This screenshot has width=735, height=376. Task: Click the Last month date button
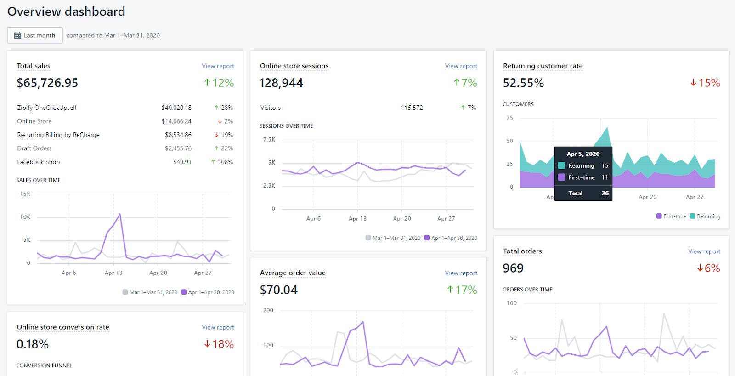pyautogui.click(x=35, y=35)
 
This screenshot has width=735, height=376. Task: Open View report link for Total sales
pyautogui.click(x=218, y=66)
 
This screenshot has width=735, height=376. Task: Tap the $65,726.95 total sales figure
pyautogui.click(x=48, y=83)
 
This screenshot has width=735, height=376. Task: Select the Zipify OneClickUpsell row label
pyautogui.click(x=46, y=108)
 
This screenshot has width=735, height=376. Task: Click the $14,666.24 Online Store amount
pyautogui.click(x=176, y=121)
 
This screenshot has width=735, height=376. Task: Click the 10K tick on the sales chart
pyautogui.click(x=25, y=217)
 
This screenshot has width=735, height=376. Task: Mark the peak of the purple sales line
pyautogui.click(x=120, y=214)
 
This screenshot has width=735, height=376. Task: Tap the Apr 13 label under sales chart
pyautogui.click(x=113, y=273)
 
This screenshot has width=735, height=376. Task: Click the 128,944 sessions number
pyautogui.click(x=282, y=83)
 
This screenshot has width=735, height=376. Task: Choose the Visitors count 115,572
pyautogui.click(x=412, y=108)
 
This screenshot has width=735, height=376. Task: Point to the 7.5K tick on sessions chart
pyautogui.click(x=269, y=140)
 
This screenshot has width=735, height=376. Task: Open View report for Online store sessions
pyautogui.click(x=461, y=66)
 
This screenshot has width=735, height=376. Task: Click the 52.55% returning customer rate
pyautogui.click(x=523, y=83)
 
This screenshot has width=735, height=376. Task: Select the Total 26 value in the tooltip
pyautogui.click(x=605, y=193)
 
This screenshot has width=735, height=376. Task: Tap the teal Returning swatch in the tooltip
pyautogui.click(x=561, y=165)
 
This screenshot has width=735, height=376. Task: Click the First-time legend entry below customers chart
pyautogui.click(x=671, y=216)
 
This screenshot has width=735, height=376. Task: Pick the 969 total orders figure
pyautogui.click(x=513, y=268)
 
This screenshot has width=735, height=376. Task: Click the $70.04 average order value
pyautogui.click(x=278, y=290)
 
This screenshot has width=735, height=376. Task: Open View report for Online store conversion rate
pyautogui.click(x=218, y=327)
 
